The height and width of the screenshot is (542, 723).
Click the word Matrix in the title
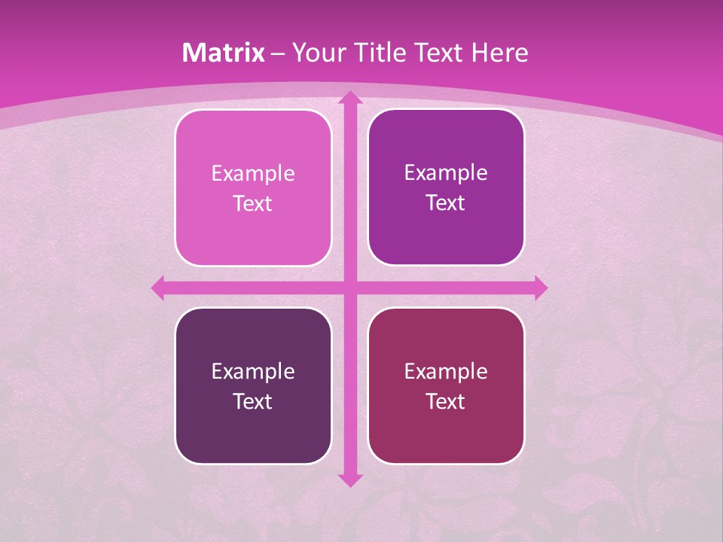point(224,53)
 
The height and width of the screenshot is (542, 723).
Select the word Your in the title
point(316,53)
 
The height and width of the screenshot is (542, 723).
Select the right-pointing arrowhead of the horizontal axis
point(540,288)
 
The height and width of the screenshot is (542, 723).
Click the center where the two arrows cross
point(349,288)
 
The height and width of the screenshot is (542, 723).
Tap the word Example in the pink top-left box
point(252,174)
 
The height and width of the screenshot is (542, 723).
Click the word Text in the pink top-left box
point(252,204)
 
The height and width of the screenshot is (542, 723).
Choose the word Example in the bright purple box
point(445,173)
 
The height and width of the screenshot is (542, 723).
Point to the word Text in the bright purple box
point(445,203)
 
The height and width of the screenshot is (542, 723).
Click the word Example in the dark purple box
point(252,371)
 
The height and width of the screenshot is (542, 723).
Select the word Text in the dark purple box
point(252,401)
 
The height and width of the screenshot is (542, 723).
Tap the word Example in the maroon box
point(445,371)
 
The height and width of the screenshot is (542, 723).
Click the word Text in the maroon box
point(445,401)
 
